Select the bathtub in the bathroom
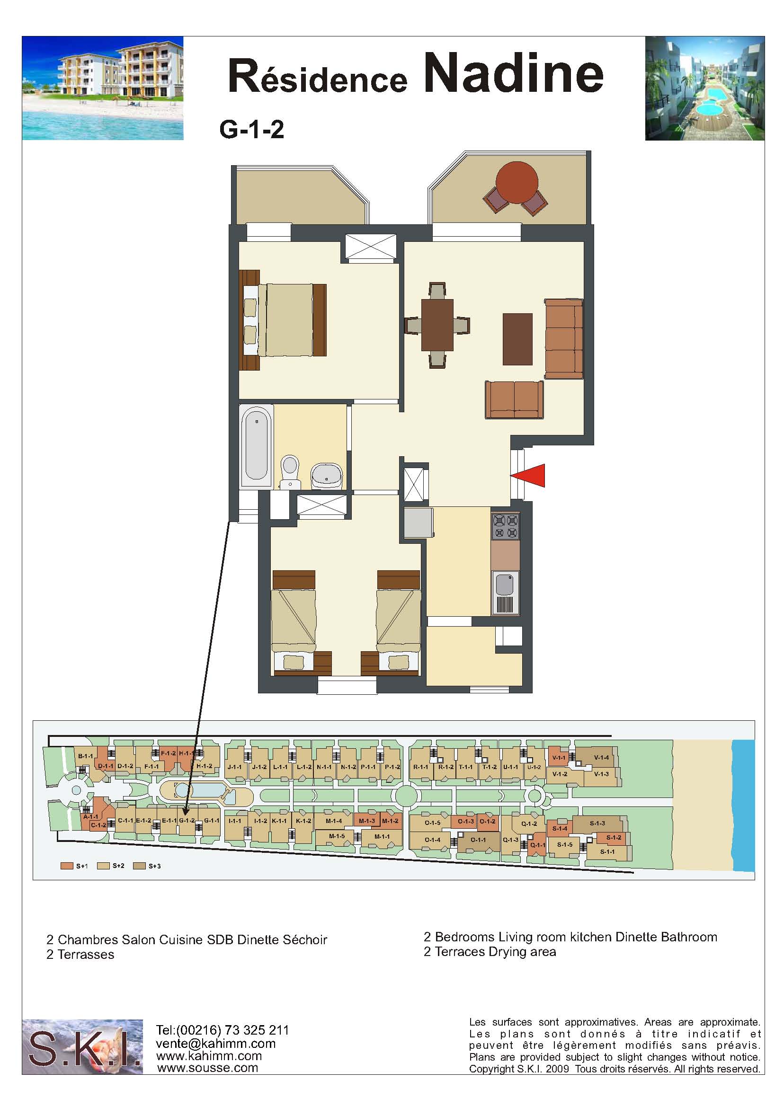(256, 446)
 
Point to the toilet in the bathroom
(290, 471)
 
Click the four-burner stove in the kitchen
(505, 526)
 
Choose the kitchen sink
(506, 592)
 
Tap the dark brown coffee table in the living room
(517, 339)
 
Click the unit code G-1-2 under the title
(251, 130)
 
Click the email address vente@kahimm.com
(216, 1043)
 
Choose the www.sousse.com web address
(207, 1067)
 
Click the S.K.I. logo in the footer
(82, 1046)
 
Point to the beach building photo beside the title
(103, 89)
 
